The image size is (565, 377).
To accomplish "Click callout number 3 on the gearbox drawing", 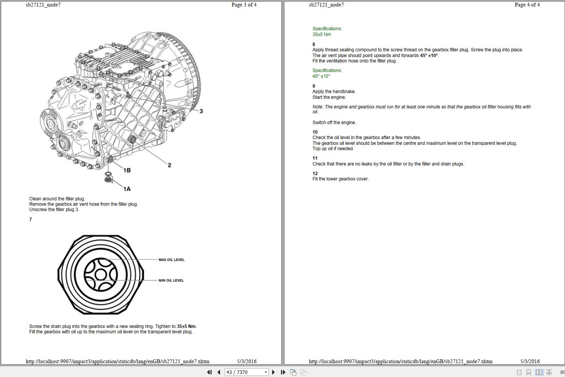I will tap(201, 111).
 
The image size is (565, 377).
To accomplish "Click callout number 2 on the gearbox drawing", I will tap(169, 165).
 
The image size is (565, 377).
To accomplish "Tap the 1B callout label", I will tap(127, 170).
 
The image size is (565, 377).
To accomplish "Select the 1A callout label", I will tap(127, 189).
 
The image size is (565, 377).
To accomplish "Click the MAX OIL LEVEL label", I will tap(171, 260).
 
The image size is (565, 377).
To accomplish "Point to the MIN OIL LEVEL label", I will tap(171, 280).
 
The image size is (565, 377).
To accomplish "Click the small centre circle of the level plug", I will tap(100, 274).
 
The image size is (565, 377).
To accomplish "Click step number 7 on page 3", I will tap(31, 220).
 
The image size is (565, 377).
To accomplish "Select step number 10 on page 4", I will tap(315, 132).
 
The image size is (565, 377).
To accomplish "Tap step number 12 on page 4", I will tap(315, 174).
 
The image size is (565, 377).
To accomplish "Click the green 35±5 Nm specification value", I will tap(322, 34).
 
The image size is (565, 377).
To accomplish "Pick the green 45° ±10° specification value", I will tap(321, 76).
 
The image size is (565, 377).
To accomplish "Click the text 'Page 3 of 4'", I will tap(244, 5).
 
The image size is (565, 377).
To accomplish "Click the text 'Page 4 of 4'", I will tap(527, 5).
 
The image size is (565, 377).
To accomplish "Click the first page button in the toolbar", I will tap(209, 372).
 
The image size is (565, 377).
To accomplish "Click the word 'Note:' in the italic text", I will tap(318, 107).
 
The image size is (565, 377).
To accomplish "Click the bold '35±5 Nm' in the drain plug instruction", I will tap(186, 326).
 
